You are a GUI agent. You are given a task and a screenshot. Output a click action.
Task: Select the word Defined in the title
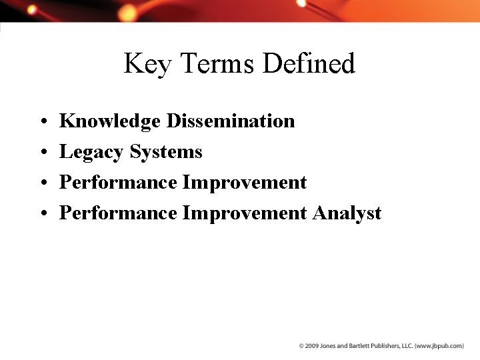point(309,64)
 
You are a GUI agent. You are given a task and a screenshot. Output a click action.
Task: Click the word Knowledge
point(110,121)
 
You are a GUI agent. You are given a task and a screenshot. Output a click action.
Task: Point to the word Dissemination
point(231,121)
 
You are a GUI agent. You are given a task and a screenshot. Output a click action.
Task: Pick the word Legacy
point(92,153)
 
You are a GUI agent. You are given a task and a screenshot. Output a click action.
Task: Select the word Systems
point(166,152)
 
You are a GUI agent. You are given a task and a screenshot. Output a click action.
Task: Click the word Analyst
point(347,213)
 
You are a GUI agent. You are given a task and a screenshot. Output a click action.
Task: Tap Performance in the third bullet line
point(118,183)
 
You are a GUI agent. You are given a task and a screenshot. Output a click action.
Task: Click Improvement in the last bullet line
point(245,213)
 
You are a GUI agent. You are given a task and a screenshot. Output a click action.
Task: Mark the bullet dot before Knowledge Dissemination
point(42,122)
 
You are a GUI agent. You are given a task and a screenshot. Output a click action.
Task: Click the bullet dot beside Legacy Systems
point(42,153)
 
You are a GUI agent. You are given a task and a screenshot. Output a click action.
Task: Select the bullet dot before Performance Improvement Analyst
point(42,214)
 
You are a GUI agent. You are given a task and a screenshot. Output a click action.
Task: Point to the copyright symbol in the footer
point(301,346)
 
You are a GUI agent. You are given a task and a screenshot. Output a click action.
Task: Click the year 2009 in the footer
point(312,346)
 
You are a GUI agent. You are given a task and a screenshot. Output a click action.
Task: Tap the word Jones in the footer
point(330,346)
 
